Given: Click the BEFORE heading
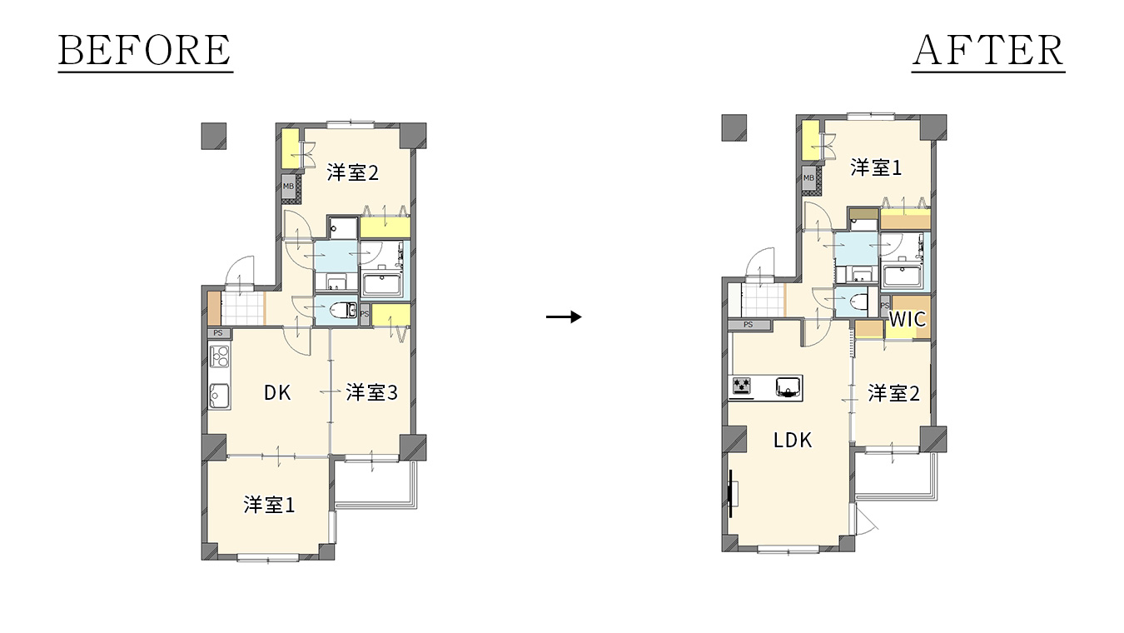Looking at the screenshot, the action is [x=145, y=50].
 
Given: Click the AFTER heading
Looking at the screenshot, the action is [x=988, y=50].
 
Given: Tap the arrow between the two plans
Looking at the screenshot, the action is [x=564, y=316].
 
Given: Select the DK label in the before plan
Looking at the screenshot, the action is [x=277, y=392].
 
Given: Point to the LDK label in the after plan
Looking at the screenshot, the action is [x=793, y=441].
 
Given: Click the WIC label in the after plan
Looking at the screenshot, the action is [x=908, y=319].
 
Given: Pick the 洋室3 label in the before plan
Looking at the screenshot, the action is [x=371, y=392].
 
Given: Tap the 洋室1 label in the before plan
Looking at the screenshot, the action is [x=269, y=505].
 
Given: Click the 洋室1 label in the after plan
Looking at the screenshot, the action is [x=876, y=167].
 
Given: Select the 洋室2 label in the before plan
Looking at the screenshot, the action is [x=352, y=172].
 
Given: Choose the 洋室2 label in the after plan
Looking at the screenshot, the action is [x=893, y=394].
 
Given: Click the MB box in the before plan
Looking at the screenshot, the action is [x=289, y=187].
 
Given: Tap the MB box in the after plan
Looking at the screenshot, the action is [x=808, y=178].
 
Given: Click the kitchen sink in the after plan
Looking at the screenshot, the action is [x=788, y=387].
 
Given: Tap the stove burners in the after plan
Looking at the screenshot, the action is [x=742, y=386].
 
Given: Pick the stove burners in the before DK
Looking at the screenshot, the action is [x=220, y=356].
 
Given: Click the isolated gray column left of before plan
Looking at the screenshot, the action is [x=214, y=136].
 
